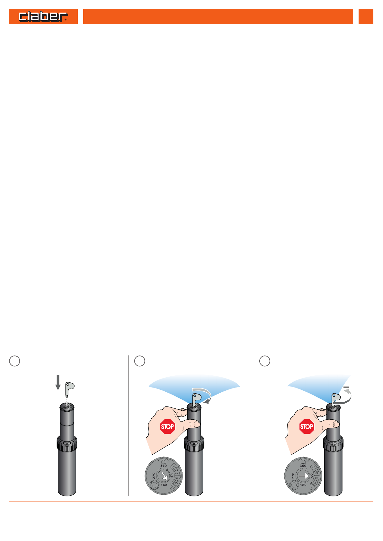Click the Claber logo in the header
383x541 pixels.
43,17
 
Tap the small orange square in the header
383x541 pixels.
366,16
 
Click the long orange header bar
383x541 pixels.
218,16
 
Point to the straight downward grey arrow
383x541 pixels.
58,382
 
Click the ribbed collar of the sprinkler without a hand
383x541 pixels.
67,444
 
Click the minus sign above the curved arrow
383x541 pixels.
346,387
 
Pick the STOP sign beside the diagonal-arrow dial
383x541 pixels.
167,426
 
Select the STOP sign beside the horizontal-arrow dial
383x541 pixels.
307,426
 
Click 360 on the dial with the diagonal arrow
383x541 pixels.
164,466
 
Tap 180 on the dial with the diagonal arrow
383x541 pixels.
164,485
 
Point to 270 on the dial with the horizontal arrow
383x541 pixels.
293,476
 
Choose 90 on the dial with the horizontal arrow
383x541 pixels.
311,475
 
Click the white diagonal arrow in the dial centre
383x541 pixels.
165,476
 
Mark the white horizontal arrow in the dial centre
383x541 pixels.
304,476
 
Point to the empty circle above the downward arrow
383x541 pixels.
14,361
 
